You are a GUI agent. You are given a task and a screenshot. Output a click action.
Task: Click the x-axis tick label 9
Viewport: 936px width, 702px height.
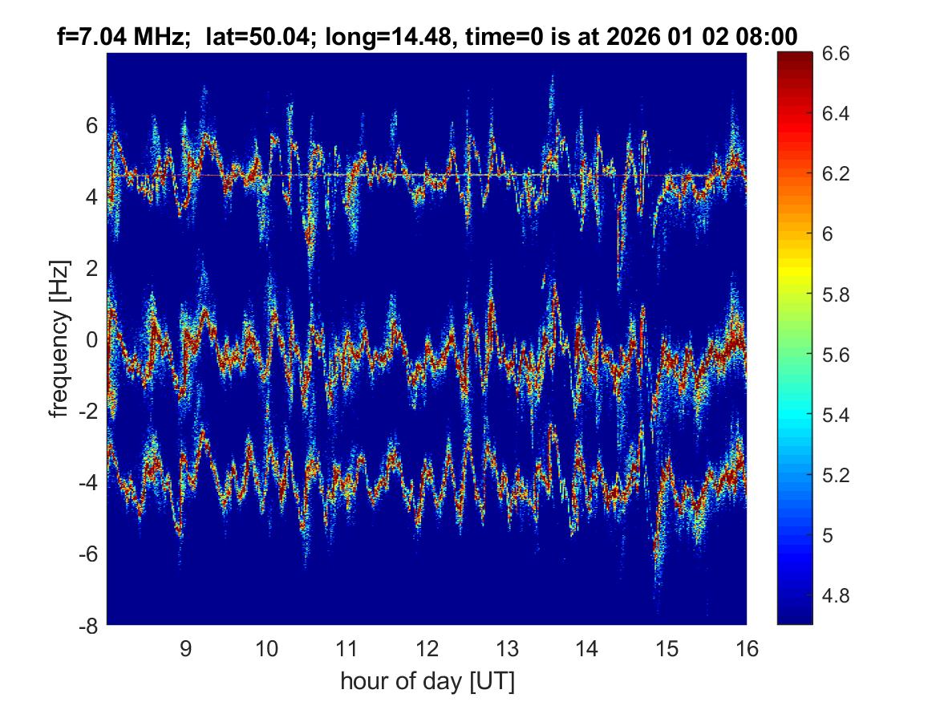pyautogui.click(x=186, y=647)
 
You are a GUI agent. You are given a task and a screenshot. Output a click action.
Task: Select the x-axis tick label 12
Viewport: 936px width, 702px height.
pyautogui.click(x=427, y=647)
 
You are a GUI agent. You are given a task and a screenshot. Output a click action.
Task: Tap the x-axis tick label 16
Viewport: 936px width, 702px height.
pyautogui.click(x=747, y=647)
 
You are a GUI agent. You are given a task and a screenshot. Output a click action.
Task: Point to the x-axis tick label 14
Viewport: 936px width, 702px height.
pyautogui.click(x=586, y=647)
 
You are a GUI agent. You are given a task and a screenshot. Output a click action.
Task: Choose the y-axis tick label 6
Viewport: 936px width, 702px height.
pyautogui.click(x=91, y=126)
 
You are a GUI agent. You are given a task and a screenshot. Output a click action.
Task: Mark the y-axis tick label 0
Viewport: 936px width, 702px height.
pyautogui.click(x=91, y=340)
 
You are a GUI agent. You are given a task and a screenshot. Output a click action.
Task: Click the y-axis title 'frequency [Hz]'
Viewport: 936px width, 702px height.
pyautogui.click(x=59, y=339)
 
